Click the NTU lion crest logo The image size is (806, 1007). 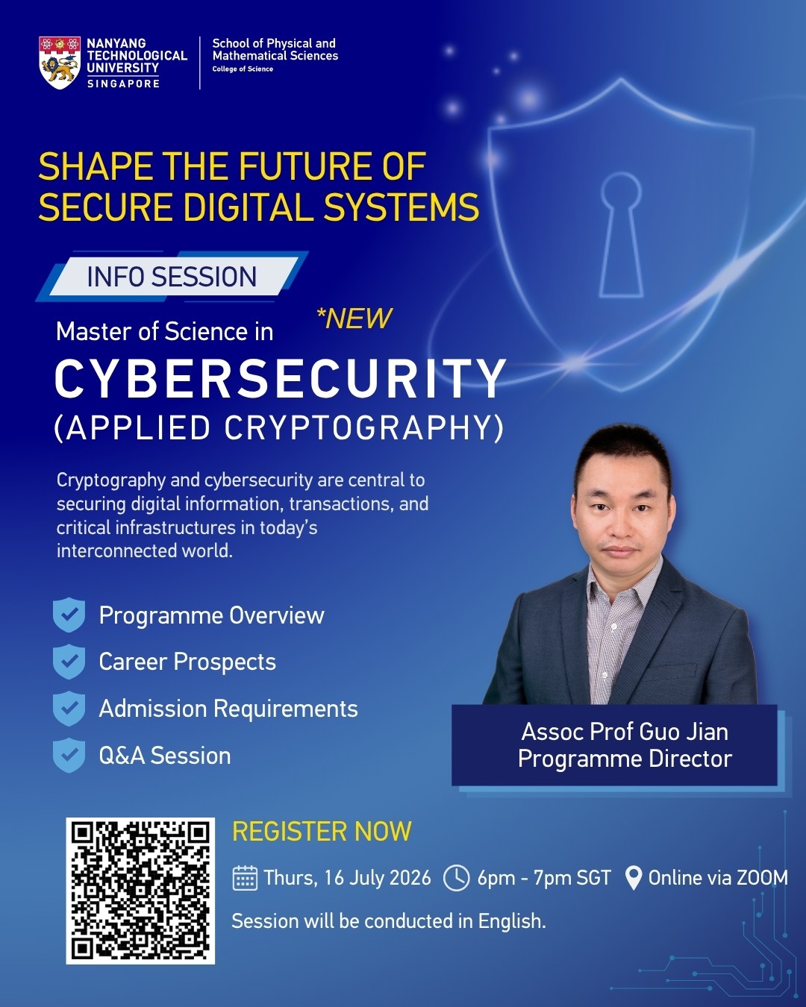[x=60, y=63]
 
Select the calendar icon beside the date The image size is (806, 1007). [x=245, y=878]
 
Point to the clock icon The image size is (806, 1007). [x=456, y=878]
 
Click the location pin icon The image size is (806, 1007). [x=633, y=878]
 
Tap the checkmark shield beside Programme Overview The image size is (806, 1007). [x=69, y=615]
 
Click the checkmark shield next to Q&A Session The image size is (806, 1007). [x=69, y=755]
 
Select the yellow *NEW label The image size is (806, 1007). [x=354, y=319]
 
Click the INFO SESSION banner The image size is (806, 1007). [x=172, y=276]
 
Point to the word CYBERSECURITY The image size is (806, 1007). [x=280, y=379]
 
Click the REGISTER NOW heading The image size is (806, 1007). [x=322, y=831]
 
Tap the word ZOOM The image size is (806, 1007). [x=763, y=878]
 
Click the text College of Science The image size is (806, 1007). [x=243, y=69]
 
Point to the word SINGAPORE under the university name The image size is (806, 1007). [x=124, y=84]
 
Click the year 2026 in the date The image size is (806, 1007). [x=410, y=878]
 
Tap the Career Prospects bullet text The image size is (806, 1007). [x=187, y=662]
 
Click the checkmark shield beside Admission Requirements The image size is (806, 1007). [x=69, y=708]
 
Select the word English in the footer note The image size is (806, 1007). [x=512, y=921]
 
